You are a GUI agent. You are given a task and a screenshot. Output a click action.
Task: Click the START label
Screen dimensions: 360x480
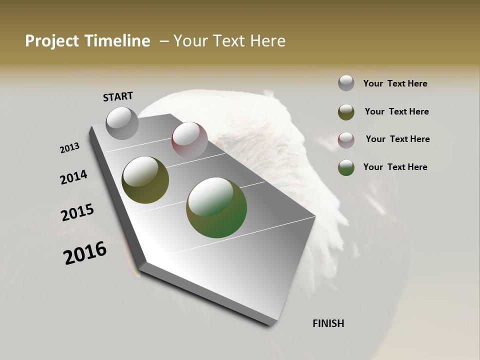118,96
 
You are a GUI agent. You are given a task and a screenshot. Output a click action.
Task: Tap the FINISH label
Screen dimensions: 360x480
328,323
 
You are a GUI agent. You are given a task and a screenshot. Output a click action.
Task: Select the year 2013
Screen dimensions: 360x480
70,148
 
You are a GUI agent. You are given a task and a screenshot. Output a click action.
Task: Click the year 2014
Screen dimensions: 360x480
74,177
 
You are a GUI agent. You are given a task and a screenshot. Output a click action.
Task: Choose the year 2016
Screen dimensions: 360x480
85,252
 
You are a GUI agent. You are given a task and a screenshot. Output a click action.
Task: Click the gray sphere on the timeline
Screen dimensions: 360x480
122,123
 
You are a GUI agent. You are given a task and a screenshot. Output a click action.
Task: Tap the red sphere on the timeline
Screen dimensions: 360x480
189,139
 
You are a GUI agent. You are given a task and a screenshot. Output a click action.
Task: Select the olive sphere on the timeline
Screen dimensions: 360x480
145,180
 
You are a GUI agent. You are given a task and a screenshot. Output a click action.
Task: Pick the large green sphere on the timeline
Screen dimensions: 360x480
216,207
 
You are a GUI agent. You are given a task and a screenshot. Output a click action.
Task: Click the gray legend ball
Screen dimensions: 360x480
346,83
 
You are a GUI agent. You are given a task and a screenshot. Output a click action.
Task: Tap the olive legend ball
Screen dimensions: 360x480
346,112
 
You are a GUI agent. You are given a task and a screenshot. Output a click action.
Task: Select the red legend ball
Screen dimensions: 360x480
346,140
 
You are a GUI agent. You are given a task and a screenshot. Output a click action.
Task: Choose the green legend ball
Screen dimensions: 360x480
346,167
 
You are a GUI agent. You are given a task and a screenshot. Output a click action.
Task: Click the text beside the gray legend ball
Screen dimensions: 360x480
395,83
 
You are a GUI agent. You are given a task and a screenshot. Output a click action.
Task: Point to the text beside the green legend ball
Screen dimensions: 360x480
395,167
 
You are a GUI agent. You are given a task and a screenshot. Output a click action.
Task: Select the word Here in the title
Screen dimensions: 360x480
268,41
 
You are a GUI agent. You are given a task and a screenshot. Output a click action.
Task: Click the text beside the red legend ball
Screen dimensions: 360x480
397,139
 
